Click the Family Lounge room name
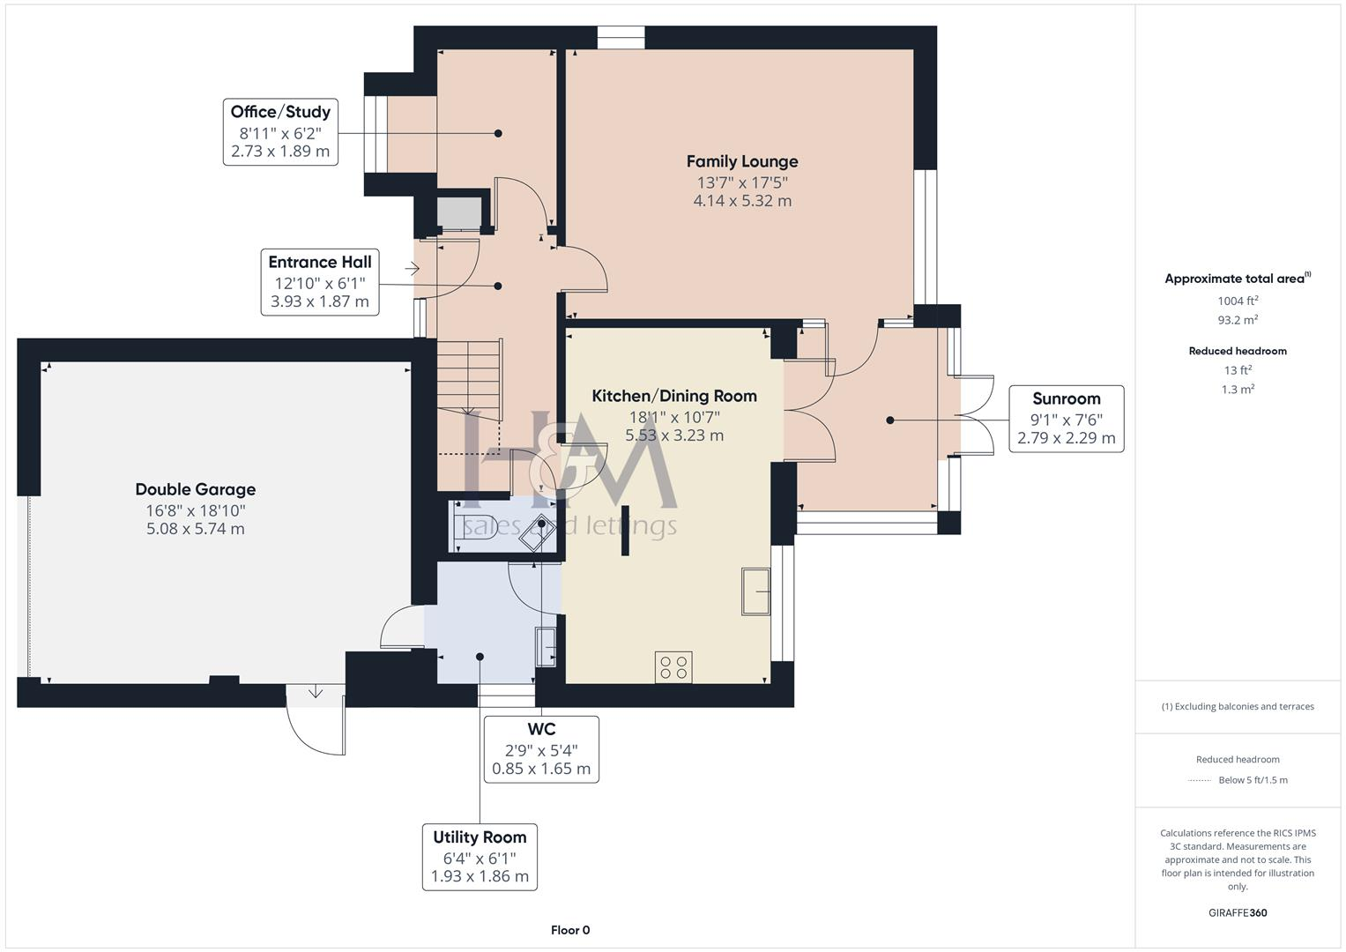[x=741, y=161]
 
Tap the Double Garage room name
[x=195, y=489]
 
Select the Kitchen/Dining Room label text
[x=673, y=396]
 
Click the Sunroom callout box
[x=1066, y=419]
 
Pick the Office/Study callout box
[x=280, y=132]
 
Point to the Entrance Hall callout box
[x=319, y=282]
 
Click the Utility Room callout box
[x=480, y=857]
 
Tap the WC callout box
[x=541, y=749]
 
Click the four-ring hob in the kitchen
[x=673, y=667]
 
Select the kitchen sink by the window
[x=755, y=591]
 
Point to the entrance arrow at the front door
[x=412, y=268]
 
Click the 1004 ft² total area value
[x=1238, y=301]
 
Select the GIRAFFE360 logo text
[x=1238, y=912]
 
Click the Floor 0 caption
[x=570, y=930]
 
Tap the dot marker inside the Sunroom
[x=890, y=420]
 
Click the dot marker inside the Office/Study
[x=498, y=133]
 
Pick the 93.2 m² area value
[x=1238, y=320]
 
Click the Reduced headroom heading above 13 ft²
[x=1238, y=351]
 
